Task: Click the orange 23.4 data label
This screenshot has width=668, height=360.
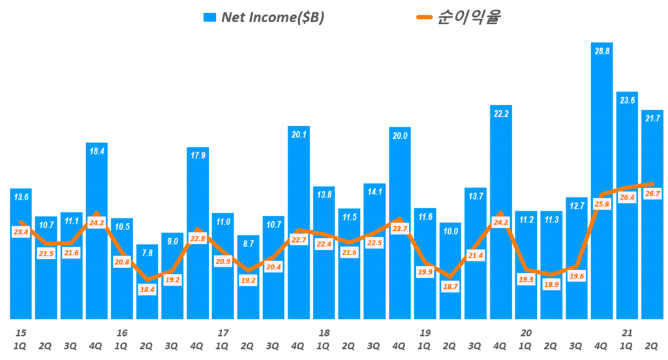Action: tap(20, 233)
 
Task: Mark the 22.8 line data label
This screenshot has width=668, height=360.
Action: tap(197, 239)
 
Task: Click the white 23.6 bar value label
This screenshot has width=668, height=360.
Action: tap(627, 100)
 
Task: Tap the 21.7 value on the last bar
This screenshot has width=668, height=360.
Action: tap(652, 118)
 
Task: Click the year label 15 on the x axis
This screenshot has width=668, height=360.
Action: tap(20, 333)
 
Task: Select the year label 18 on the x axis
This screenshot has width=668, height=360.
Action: tap(324, 333)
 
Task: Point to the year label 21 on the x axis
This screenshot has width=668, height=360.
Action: tap(627, 333)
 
